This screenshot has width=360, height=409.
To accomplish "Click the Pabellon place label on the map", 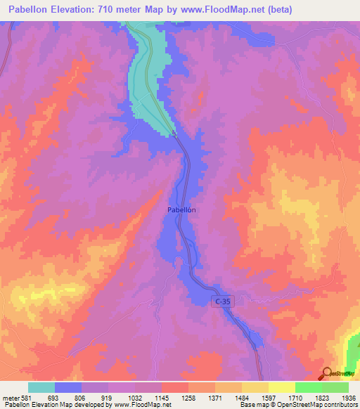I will (x=181, y=209).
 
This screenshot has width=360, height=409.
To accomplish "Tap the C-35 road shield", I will (x=221, y=301).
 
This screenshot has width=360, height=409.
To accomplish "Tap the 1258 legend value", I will (x=189, y=397).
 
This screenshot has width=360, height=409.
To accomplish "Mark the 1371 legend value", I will (x=216, y=397).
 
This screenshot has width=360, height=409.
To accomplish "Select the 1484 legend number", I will (x=243, y=397).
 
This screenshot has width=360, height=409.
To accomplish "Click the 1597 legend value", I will (x=269, y=397).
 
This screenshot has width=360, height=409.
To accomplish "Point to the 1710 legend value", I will (x=296, y=397).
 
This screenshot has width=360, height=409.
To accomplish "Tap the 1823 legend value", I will (x=323, y=397).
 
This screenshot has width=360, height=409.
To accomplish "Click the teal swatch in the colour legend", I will (x=41, y=387).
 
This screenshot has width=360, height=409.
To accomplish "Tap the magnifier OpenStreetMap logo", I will (x=327, y=374).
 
